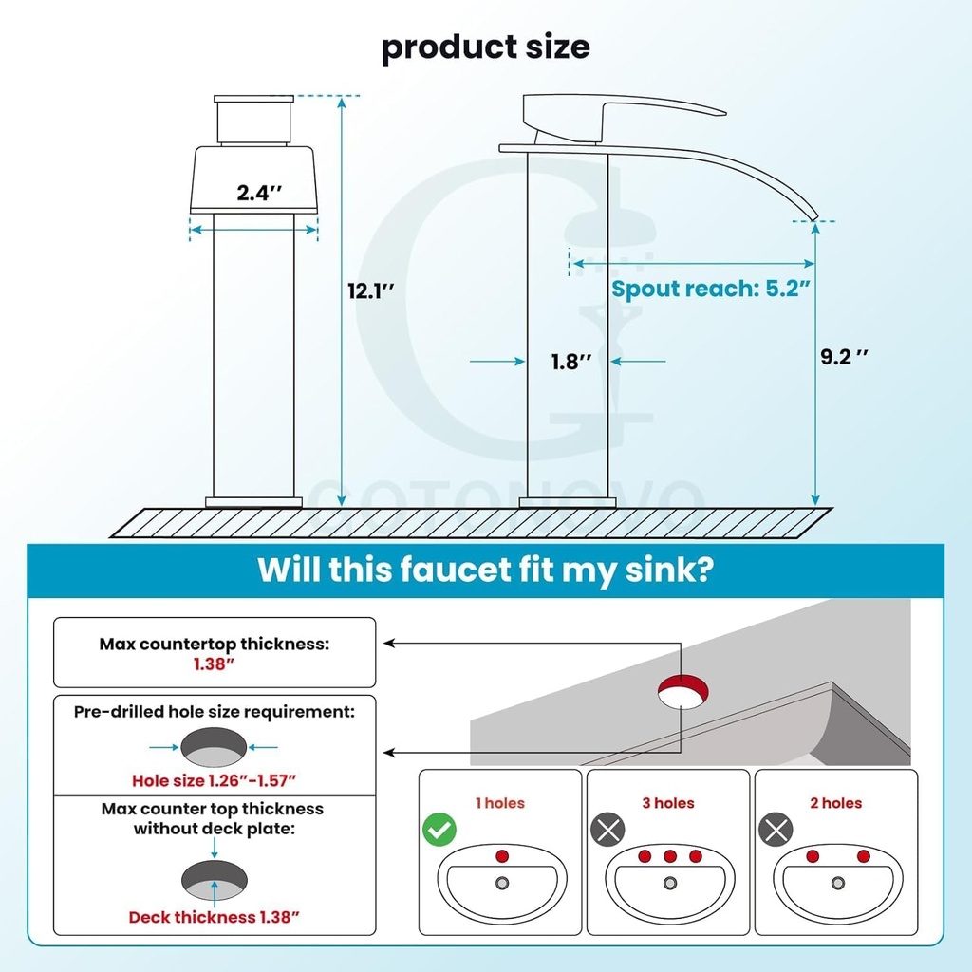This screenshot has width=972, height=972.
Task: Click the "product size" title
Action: tap(485, 47)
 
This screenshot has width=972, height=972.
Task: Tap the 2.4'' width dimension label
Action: tap(259, 193)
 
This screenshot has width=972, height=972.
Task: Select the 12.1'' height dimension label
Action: tap(371, 290)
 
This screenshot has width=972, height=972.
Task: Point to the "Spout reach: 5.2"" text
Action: tap(711, 289)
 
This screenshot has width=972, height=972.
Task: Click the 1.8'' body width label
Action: tap(571, 362)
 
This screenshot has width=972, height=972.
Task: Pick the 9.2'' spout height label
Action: tap(844, 357)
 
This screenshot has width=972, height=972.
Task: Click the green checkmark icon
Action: tap(439, 830)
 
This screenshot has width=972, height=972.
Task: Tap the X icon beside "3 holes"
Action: tap(607, 830)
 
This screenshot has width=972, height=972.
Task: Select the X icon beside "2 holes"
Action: tap(776, 830)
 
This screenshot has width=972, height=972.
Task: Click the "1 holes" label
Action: tap(500, 803)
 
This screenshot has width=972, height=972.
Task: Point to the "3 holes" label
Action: tap(668, 803)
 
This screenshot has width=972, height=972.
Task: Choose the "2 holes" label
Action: tap(836, 803)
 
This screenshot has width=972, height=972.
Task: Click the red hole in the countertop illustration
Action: tap(682, 687)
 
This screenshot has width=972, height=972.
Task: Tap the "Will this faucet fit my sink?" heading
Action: tap(485, 570)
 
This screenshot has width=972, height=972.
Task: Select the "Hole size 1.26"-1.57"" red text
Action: tap(214, 780)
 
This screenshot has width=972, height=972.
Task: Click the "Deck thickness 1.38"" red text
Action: tap(214, 918)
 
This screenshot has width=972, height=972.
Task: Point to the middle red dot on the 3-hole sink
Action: tap(670, 856)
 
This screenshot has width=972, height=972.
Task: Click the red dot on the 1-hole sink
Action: tap(502, 856)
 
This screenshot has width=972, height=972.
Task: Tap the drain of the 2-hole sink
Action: tap(838, 883)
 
